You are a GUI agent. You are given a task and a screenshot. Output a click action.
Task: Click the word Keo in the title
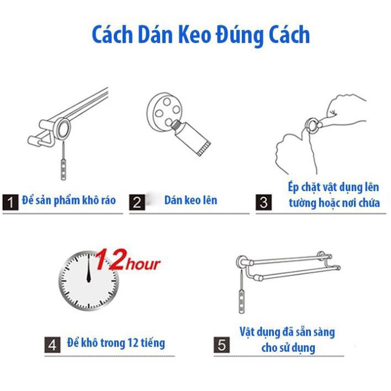tap(194, 35)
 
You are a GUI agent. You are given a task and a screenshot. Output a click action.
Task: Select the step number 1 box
tap(10, 202)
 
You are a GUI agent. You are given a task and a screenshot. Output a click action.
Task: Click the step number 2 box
tap(137, 202)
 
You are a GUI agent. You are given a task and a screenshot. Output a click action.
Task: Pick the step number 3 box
tap(263, 202)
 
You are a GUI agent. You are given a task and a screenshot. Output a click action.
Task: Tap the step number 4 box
tap(52, 345)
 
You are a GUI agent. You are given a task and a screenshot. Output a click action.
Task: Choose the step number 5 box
tap(221, 345)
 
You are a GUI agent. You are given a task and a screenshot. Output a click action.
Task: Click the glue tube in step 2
tap(191, 136)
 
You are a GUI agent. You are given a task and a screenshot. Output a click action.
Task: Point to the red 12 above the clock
tap(110, 260)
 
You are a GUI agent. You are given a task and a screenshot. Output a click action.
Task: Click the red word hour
tap(143, 265)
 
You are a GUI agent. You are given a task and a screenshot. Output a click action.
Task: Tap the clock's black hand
tap(88, 269)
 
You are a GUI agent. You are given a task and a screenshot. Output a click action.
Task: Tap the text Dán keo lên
tap(191, 200)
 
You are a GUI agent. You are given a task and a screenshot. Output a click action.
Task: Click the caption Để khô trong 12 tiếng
tap(116, 343)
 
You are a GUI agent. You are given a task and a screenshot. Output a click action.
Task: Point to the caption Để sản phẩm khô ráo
tap(69, 200)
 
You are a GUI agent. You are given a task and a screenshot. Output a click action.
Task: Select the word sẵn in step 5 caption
tap(305, 332)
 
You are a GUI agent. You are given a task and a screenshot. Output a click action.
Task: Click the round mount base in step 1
tap(64, 129)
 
